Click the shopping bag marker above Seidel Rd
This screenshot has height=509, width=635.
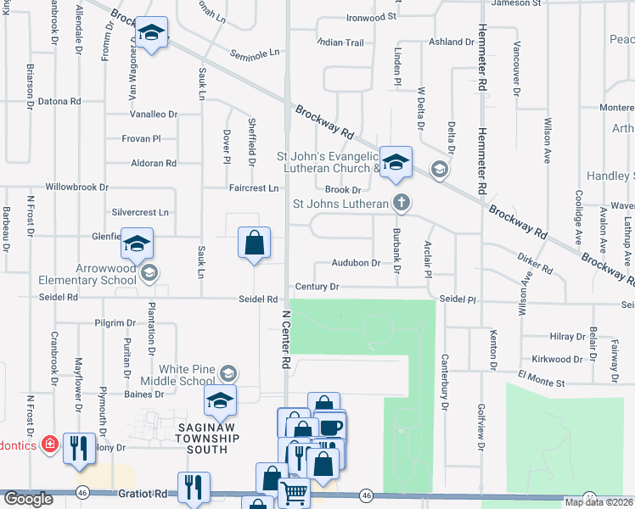pos(254,243)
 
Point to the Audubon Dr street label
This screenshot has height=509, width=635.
pos(356,263)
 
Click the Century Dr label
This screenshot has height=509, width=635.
pos(317,288)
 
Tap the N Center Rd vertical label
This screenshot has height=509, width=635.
pos(285,338)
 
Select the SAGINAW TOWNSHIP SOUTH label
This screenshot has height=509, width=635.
pos(207,438)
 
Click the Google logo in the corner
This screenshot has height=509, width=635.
pos(27,499)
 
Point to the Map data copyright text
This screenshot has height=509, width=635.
pos(598,502)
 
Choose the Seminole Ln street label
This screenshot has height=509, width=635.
pos(254,53)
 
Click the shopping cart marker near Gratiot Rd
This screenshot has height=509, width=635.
pos(294,491)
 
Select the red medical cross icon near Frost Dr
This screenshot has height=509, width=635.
pos(50,444)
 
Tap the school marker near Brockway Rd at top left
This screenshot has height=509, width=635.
pos(152,34)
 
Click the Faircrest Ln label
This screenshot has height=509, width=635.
pos(253,187)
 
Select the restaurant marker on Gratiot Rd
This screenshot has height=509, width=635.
pos(194,486)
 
